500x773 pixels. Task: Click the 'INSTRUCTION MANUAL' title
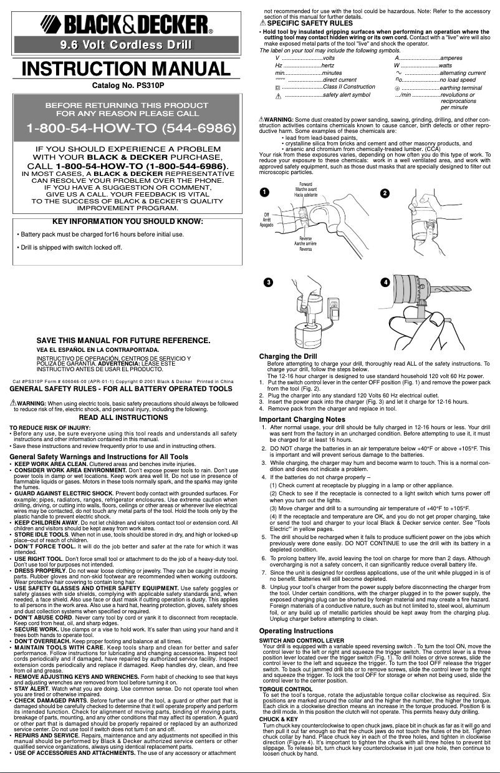tap(127, 68)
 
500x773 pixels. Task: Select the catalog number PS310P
tap(127, 84)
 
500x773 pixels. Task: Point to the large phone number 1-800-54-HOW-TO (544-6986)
tap(130, 129)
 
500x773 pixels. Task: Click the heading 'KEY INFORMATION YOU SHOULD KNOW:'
tap(127, 221)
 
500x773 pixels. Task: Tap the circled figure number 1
tap(264, 192)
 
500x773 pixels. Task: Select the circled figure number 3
tap(267, 283)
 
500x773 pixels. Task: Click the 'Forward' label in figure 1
tap(305, 185)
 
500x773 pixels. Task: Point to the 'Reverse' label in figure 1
tap(305, 239)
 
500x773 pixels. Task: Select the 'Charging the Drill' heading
tap(288, 356)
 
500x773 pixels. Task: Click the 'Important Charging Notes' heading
tap(302, 419)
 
